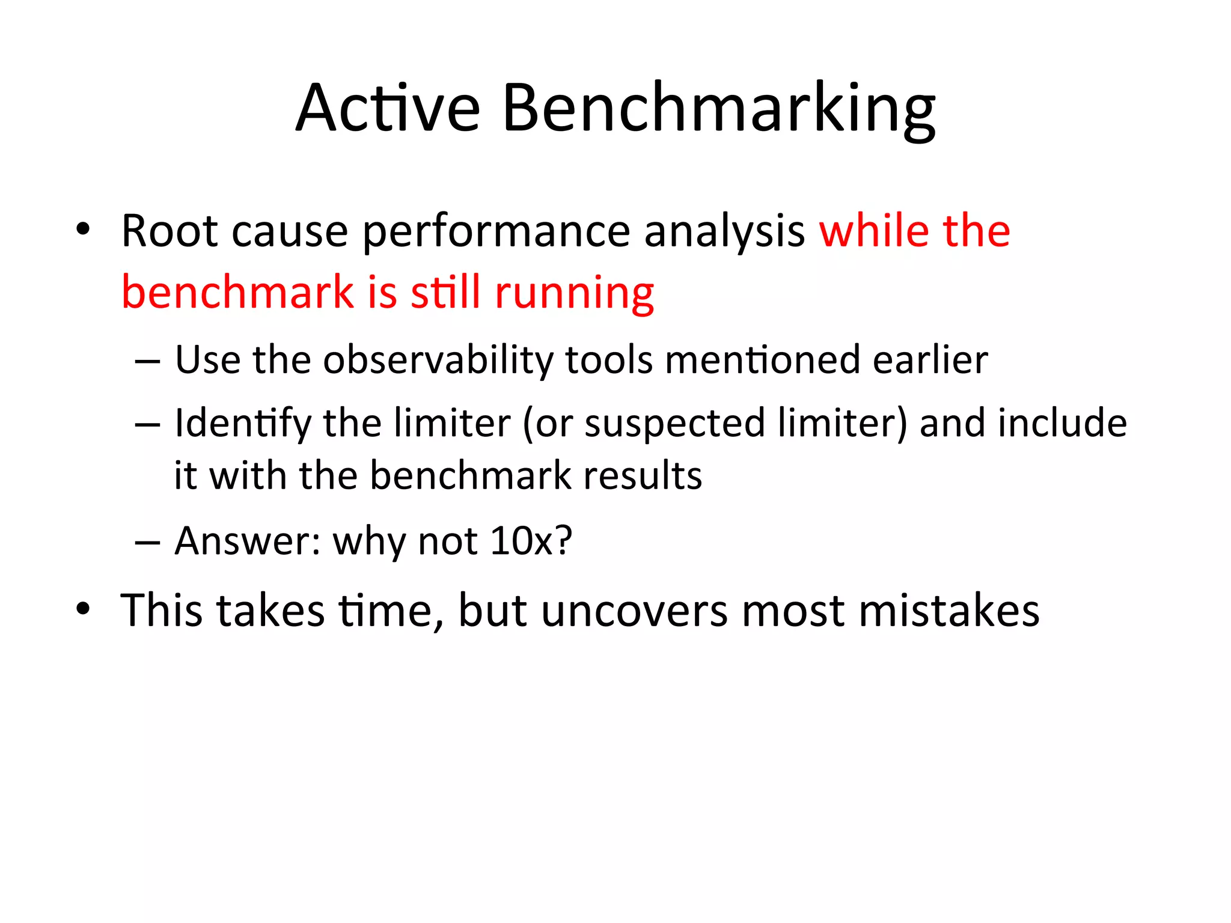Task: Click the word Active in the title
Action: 388,108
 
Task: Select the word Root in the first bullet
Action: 168,231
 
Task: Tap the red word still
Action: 445,293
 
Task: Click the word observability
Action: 438,361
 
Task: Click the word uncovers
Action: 635,611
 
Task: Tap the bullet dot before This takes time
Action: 83,608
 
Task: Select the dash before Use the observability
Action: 147,362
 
